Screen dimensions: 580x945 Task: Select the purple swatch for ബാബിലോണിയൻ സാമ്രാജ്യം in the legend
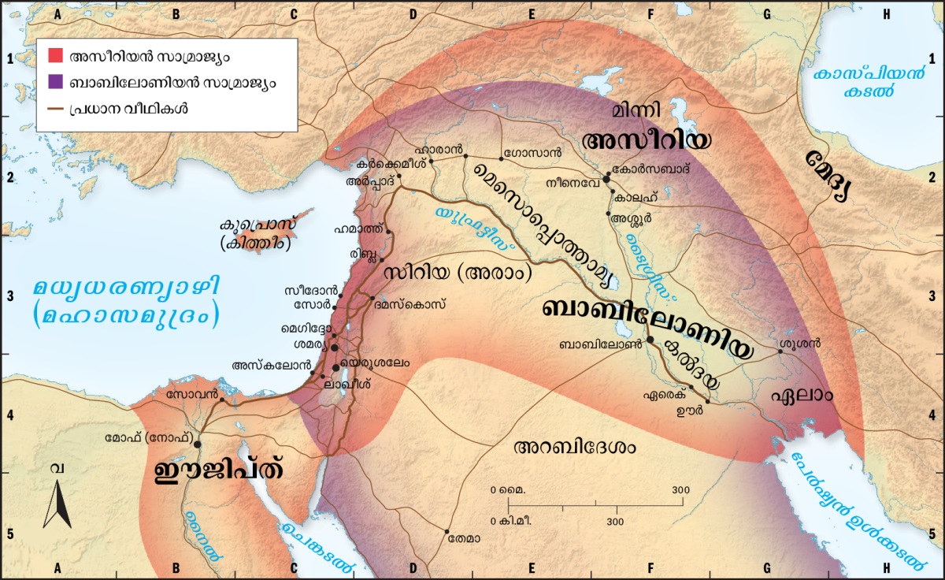[55, 82]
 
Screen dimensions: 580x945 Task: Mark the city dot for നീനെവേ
[606, 180]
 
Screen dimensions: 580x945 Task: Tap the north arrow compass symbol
[57, 504]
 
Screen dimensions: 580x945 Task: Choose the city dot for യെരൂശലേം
[337, 368]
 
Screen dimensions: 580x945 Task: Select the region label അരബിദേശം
[574, 447]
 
